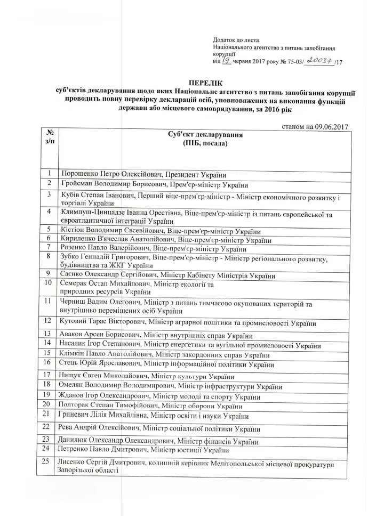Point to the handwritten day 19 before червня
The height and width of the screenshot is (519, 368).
226,62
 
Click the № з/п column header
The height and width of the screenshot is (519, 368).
49,137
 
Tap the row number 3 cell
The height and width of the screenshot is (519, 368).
49,194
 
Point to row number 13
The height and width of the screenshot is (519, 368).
49,334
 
